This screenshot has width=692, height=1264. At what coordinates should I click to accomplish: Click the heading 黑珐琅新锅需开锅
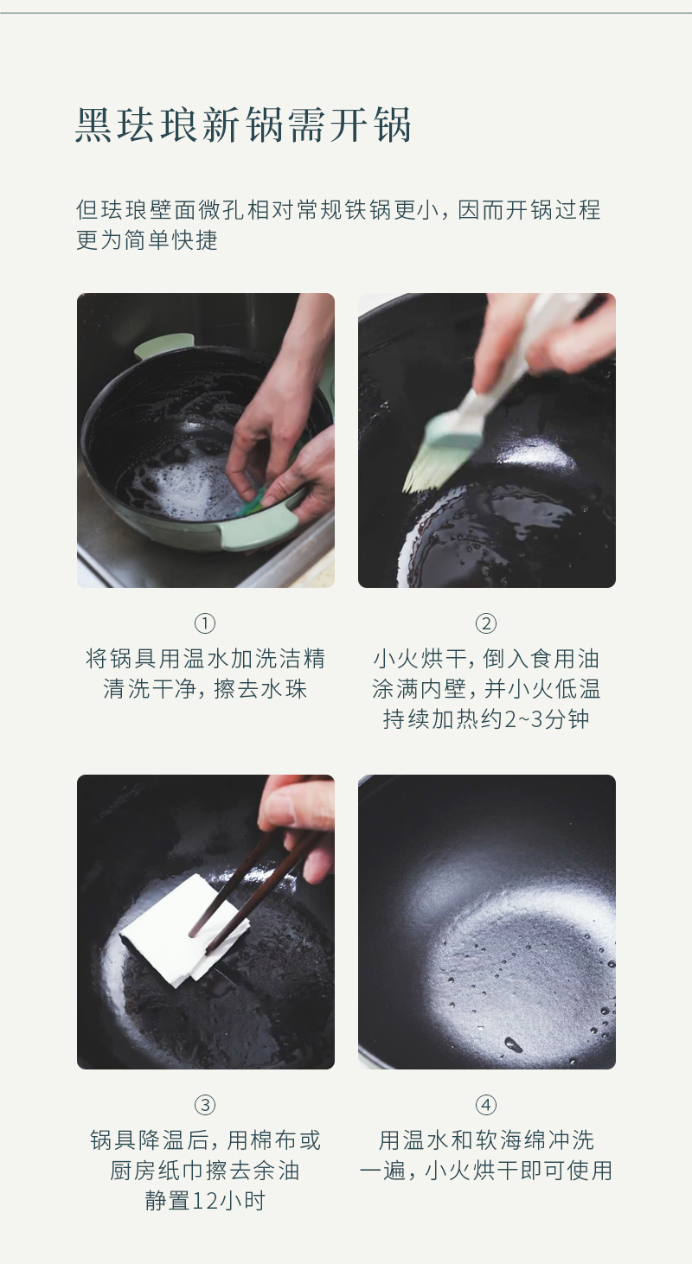(243, 124)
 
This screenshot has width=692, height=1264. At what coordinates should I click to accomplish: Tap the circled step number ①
(205, 623)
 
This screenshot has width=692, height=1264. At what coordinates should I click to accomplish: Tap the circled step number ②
(486, 623)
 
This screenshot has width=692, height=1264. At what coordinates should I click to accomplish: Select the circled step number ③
(205, 1105)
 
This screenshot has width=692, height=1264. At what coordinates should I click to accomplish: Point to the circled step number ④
(486, 1105)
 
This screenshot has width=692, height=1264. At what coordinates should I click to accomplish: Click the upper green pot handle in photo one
(163, 345)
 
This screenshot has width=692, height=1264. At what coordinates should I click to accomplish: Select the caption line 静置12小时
(205, 1201)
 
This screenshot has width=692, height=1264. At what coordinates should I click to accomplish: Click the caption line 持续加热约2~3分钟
(486, 719)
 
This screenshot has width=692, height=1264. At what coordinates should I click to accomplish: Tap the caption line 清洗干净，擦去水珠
(205, 689)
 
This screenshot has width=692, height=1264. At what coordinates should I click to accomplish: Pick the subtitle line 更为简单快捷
(147, 239)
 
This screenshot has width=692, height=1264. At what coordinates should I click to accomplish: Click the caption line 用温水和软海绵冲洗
(486, 1140)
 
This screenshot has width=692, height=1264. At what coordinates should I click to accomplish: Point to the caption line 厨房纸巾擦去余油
(205, 1171)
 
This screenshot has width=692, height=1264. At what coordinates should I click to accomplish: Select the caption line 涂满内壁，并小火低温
(486, 689)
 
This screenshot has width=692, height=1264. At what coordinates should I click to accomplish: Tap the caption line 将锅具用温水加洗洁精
(205, 659)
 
